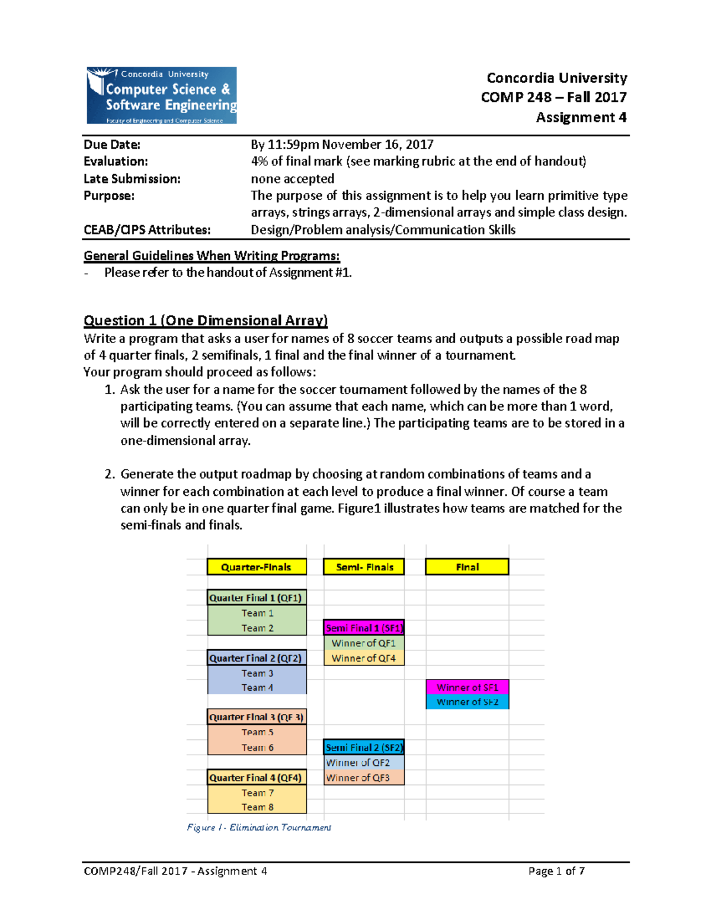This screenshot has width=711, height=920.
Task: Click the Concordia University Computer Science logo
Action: coord(162,95)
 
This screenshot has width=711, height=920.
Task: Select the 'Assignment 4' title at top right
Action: coord(581,117)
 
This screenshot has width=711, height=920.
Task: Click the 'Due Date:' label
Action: coord(112,145)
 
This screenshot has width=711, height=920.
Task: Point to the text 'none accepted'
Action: coord(292,179)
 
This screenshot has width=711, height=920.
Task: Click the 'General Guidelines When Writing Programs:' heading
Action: coord(212,256)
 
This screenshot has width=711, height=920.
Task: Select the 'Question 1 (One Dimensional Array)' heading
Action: coord(205,320)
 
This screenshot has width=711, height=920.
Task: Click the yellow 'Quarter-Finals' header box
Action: coord(256,567)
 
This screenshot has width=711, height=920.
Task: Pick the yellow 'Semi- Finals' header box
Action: coord(364,567)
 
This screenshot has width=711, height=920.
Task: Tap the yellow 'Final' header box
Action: coord(467,567)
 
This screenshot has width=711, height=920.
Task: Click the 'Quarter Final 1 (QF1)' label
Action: coord(256,598)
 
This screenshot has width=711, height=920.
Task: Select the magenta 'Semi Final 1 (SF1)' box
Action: coord(364,628)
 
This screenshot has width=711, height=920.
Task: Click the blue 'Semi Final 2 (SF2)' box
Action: coord(364,748)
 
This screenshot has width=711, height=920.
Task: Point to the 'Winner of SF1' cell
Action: coord(467,687)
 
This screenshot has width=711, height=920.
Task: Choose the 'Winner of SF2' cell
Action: coord(467,702)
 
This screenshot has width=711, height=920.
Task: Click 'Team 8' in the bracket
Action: coord(257,807)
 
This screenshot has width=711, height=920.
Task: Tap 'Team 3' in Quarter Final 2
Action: coord(257,673)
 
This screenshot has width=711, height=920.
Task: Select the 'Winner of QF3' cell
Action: coord(358,778)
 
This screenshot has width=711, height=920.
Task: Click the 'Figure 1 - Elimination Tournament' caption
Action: coord(259,828)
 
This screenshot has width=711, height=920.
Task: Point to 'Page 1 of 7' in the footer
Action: coord(556,871)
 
